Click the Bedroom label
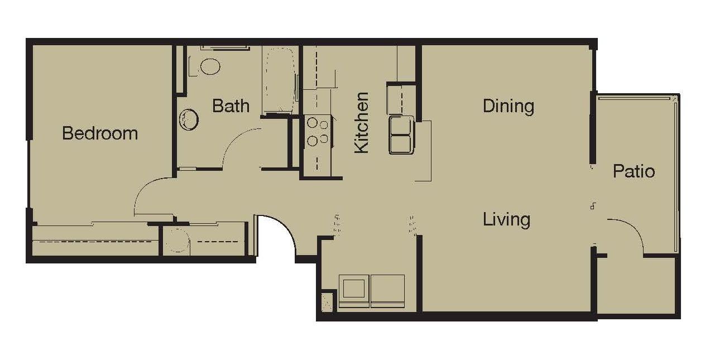coord(100,133)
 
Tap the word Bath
coord(231,105)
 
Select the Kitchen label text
coord(362,123)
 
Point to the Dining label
coord(508,107)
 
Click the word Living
coord(506,219)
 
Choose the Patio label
coord(634,171)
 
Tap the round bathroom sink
coord(189,120)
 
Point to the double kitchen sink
coord(401,135)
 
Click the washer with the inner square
coord(354,291)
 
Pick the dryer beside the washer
coord(387,291)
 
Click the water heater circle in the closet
coord(177,239)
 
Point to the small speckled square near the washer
coord(327,303)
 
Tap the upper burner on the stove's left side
coord(313,122)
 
